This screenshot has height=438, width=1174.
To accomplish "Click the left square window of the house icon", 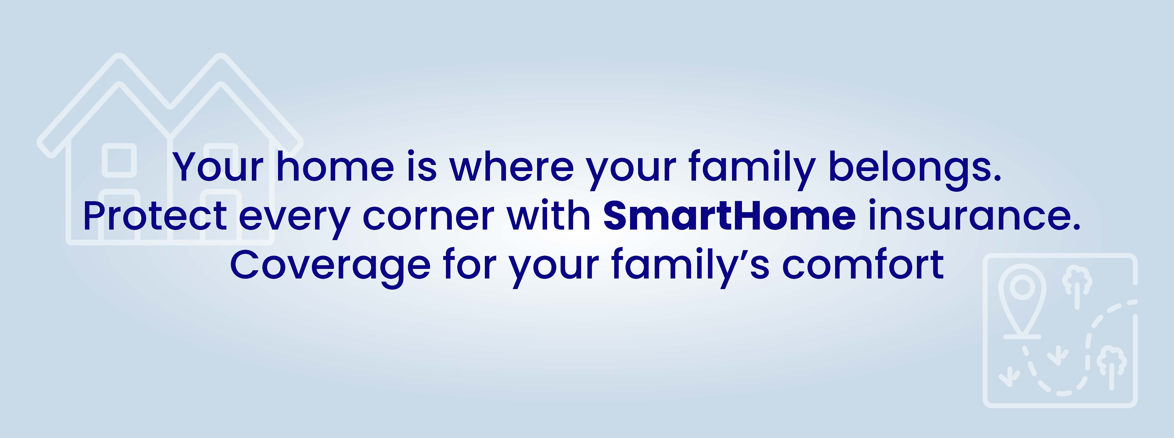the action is pyautogui.click(x=119, y=160).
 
